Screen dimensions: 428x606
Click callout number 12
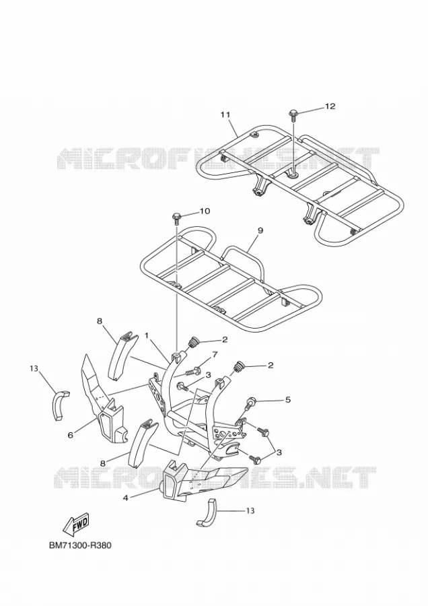(330, 106)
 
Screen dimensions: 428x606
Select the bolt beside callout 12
(293, 114)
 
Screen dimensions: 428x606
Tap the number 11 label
(225, 114)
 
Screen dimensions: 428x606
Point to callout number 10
(205, 211)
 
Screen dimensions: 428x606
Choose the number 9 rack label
(260, 230)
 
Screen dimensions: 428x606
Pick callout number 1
(147, 336)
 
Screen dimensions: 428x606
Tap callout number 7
(215, 354)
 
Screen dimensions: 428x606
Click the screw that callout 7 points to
(192, 372)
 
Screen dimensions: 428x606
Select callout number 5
(288, 400)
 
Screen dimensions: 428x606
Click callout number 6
(70, 435)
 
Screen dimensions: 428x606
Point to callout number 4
(125, 498)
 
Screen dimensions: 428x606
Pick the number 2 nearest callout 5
(271, 365)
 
